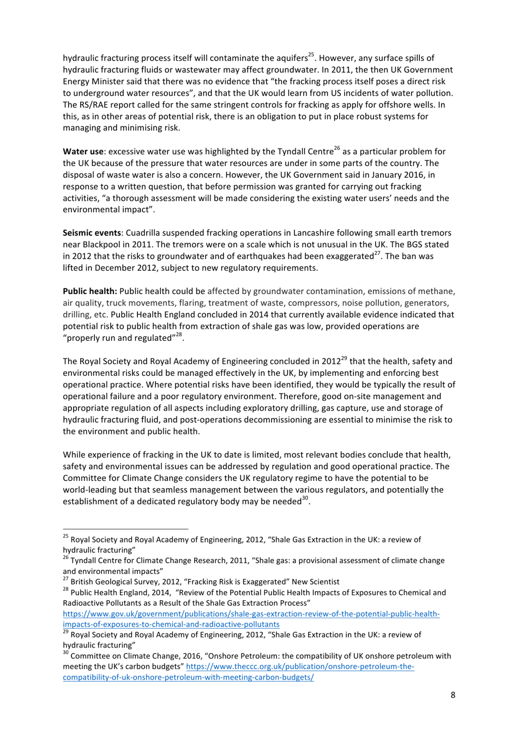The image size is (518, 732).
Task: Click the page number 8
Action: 453,695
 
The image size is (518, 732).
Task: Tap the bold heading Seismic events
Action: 92,233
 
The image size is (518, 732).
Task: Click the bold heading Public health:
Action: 90,291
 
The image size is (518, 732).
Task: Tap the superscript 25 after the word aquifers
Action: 311,55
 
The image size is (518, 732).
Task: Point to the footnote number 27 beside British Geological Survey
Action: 65,579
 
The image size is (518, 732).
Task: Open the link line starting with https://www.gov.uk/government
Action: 251,614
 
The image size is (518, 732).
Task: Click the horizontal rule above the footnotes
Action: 125,528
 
